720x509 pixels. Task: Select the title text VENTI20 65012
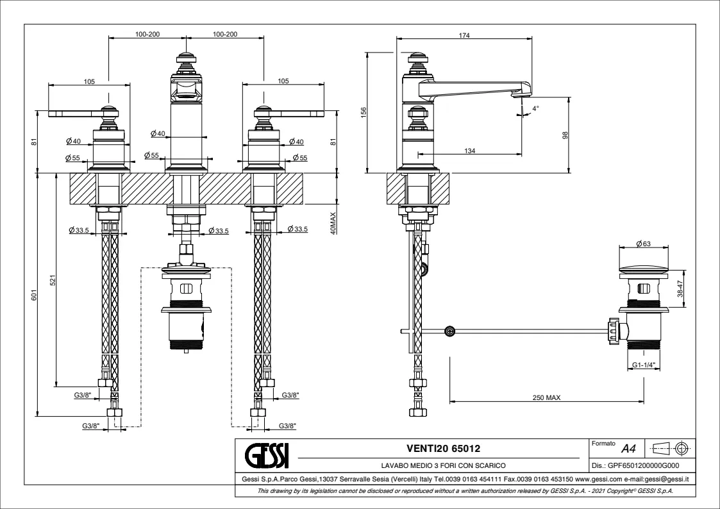click(443, 448)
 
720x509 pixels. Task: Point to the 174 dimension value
click(464, 36)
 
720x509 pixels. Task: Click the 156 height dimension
click(364, 112)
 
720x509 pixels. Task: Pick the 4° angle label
click(535, 109)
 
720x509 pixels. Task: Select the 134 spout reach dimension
click(469, 151)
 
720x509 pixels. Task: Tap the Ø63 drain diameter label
click(643, 244)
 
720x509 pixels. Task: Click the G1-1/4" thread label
click(643, 365)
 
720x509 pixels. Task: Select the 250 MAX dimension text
click(546, 397)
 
